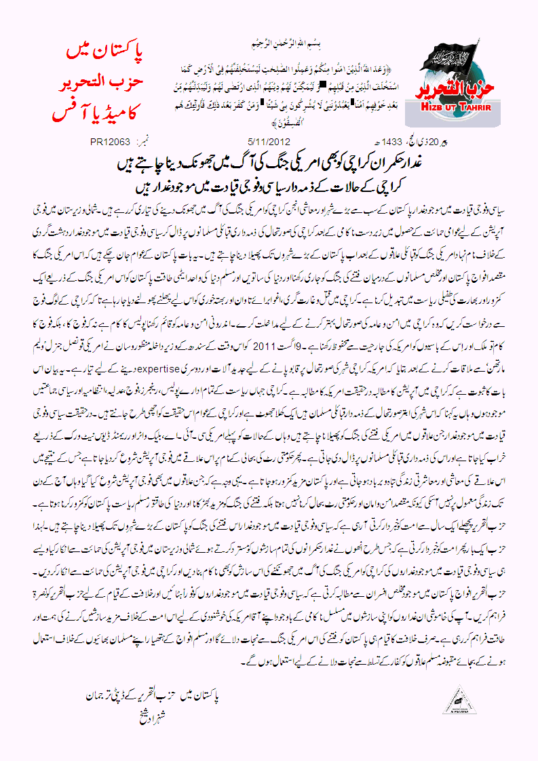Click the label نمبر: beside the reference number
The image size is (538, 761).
click(x=143, y=142)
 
